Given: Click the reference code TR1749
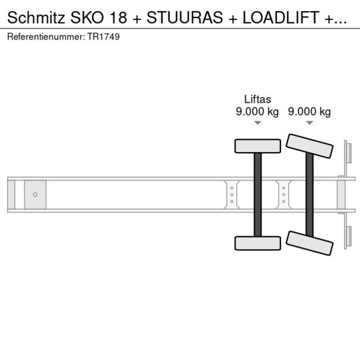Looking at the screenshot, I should tap(105, 37).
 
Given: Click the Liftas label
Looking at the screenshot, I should tap(257, 99).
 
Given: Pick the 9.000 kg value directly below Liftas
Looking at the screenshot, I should tap(257, 111).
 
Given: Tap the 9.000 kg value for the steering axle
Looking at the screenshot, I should tap(309, 111).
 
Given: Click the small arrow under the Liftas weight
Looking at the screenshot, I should tap(257, 123).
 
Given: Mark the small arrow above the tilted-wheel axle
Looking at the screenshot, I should tap(309, 123).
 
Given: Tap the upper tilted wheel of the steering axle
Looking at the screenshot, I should tap(310, 146).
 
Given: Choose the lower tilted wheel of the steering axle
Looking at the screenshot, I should tap(310, 242).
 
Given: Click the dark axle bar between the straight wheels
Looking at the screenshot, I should tap(257, 195).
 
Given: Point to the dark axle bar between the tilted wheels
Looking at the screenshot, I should tap(309, 195).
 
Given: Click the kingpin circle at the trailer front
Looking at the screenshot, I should tap(35, 195).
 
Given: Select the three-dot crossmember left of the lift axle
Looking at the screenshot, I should tap(232, 195).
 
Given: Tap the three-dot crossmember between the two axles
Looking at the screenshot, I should tap(283, 195).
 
